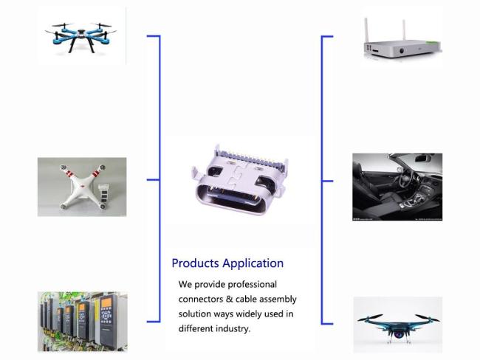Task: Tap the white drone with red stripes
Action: tap(82, 187)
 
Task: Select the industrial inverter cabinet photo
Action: tap(82, 322)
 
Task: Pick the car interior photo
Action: tap(397, 187)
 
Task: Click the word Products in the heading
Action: tap(193, 263)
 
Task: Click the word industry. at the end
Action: tap(230, 329)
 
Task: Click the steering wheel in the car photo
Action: tap(405, 181)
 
